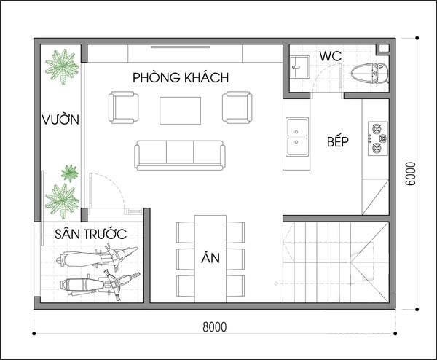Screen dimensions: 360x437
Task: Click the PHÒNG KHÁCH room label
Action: (x=181, y=77)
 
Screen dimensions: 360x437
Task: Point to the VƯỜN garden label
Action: (x=60, y=119)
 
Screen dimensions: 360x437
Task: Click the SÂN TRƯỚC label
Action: (x=90, y=234)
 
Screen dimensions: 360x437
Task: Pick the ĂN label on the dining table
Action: (x=210, y=258)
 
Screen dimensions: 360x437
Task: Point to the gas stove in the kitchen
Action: (x=378, y=139)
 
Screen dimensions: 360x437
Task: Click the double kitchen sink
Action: (x=297, y=137)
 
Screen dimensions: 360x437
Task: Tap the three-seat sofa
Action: (x=180, y=154)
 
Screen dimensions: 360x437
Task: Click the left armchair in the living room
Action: (x=123, y=108)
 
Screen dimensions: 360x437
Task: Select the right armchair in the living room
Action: (x=237, y=108)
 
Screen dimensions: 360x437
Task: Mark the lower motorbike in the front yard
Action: (x=98, y=283)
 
